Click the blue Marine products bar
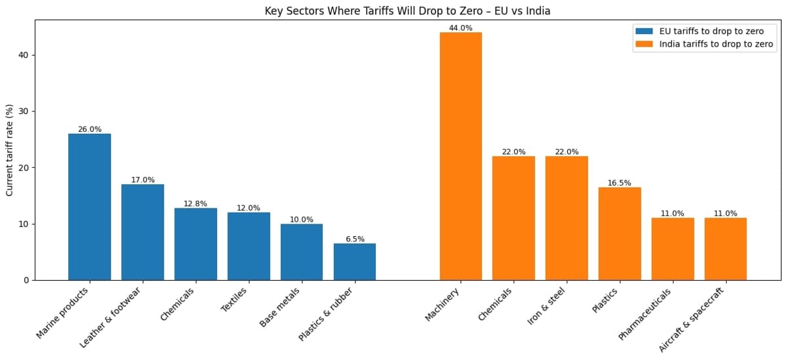pos(90,207)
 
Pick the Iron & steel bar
pos(567,218)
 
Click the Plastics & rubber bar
pos(355,262)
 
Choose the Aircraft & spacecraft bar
pos(725,249)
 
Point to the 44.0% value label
pos(461,28)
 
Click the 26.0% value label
pos(90,129)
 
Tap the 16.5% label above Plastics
pos(620,183)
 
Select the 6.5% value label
pos(355,239)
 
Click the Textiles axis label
pos(234,300)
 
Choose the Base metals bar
pos(302,252)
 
